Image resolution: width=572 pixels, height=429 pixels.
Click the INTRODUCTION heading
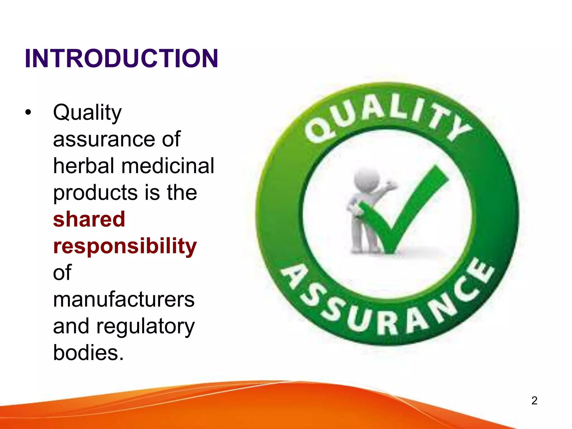coord(121,58)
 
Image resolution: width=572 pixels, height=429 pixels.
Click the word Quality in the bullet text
coord(87,112)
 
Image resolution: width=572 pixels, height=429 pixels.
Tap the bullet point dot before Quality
coord(28,112)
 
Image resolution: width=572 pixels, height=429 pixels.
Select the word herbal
coord(84,166)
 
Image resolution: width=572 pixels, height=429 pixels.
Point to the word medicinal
coord(168,166)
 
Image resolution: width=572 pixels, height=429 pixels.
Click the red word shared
coord(89,219)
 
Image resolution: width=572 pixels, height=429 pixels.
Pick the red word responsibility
coord(125,246)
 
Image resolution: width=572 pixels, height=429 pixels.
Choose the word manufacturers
coord(124,299)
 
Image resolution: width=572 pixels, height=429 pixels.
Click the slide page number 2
coord(534,401)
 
